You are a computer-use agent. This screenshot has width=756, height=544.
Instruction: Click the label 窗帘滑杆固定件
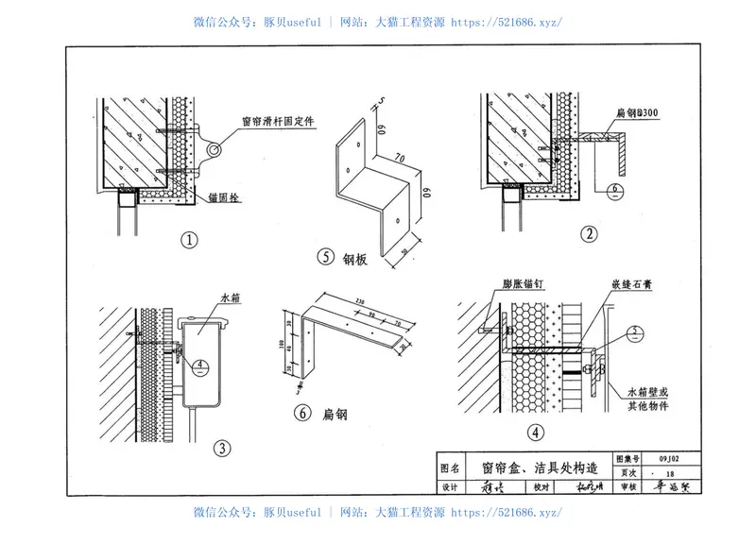(278, 120)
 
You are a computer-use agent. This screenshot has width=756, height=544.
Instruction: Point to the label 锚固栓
(224, 199)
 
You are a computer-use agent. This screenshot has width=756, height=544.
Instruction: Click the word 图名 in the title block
(453, 467)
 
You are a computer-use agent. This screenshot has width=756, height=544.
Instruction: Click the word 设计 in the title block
(452, 488)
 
